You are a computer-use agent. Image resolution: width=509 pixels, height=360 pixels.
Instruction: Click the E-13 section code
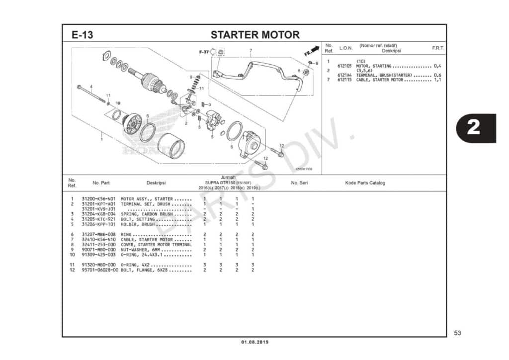pyautogui.click(x=82, y=35)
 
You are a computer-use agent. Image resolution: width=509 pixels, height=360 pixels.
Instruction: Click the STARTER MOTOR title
pyautogui.click(x=255, y=35)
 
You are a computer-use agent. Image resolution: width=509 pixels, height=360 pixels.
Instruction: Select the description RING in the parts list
pyautogui.click(x=127, y=234)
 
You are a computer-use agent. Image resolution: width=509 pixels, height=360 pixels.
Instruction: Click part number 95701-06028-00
pyautogui.click(x=100, y=270)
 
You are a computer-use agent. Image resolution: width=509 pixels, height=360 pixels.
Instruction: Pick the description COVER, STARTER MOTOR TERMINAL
pyautogui.click(x=156, y=245)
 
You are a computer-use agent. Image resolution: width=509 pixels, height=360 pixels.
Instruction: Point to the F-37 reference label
pyautogui.click(x=204, y=52)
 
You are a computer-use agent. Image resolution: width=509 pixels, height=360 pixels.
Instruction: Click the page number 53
pyautogui.click(x=458, y=333)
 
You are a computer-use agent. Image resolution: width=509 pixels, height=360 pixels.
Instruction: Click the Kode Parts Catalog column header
pyautogui.click(x=365, y=183)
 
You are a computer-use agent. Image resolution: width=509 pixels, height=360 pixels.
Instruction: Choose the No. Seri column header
pyautogui.click(x=299, y=183)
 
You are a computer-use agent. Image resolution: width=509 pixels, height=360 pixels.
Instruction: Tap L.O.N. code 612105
pyautogui.click(x=344, y=66)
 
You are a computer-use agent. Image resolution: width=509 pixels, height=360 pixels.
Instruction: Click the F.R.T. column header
pyautogui.click(x=437, y=48)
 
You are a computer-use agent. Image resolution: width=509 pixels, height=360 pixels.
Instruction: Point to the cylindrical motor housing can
pyautogui.click(x=171, y=146)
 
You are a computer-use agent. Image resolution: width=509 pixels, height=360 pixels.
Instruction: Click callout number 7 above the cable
pyautogui.click(x=251, y=50)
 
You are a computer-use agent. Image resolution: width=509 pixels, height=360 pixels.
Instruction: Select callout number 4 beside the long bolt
pyautogui.click(x=91, y=87)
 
